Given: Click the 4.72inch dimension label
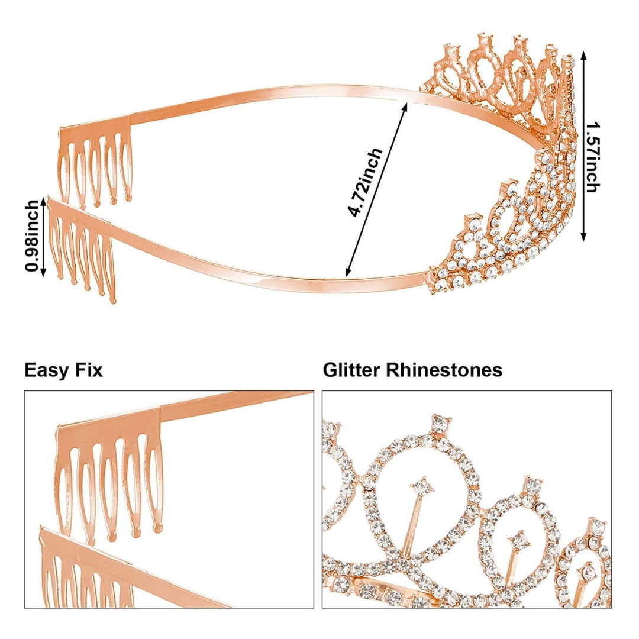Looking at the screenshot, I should pos(366,183).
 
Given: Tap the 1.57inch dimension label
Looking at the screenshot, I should pos(592,157).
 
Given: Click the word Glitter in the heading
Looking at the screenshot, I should pos(352,370).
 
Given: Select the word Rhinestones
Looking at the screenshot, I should pos(444,370).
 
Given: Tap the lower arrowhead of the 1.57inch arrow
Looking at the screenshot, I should pos(583,238).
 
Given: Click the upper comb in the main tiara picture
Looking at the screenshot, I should pos(98,160).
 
